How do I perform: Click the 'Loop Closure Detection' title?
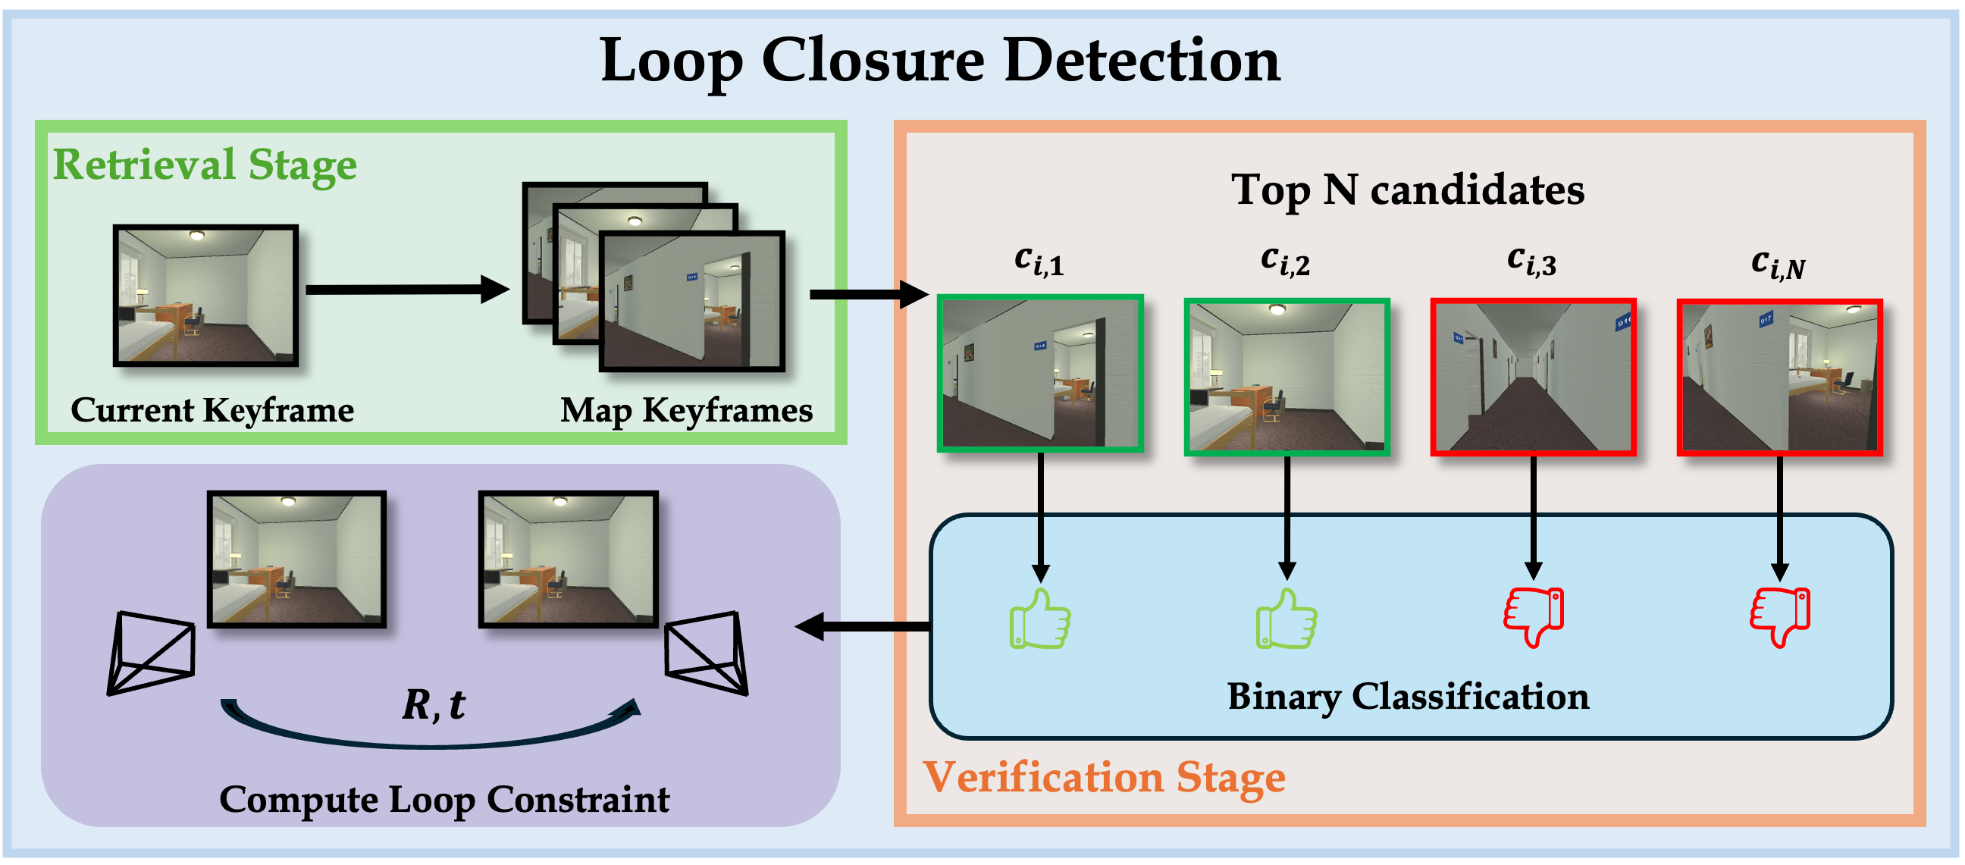pos(940,61)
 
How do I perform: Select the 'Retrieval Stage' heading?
pos(205,165)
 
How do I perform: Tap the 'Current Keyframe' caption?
pos(212,410)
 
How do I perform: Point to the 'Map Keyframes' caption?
pos(686,410)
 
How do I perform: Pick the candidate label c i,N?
pos(1778,264)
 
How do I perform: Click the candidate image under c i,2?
pos(1286,377)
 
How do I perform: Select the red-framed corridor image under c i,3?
pos(1532,377)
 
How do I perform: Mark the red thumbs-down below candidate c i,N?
pos(1779,616)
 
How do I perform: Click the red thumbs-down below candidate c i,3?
pos(1533,616)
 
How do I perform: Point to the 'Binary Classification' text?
pos(1407,697)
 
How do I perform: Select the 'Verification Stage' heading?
pos(1104,777)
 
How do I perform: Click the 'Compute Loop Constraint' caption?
pos(444,799)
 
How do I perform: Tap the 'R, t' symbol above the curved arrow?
pos(434,704)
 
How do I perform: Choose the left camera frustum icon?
pos(150,653)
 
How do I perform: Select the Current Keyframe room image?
pos(205,296)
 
